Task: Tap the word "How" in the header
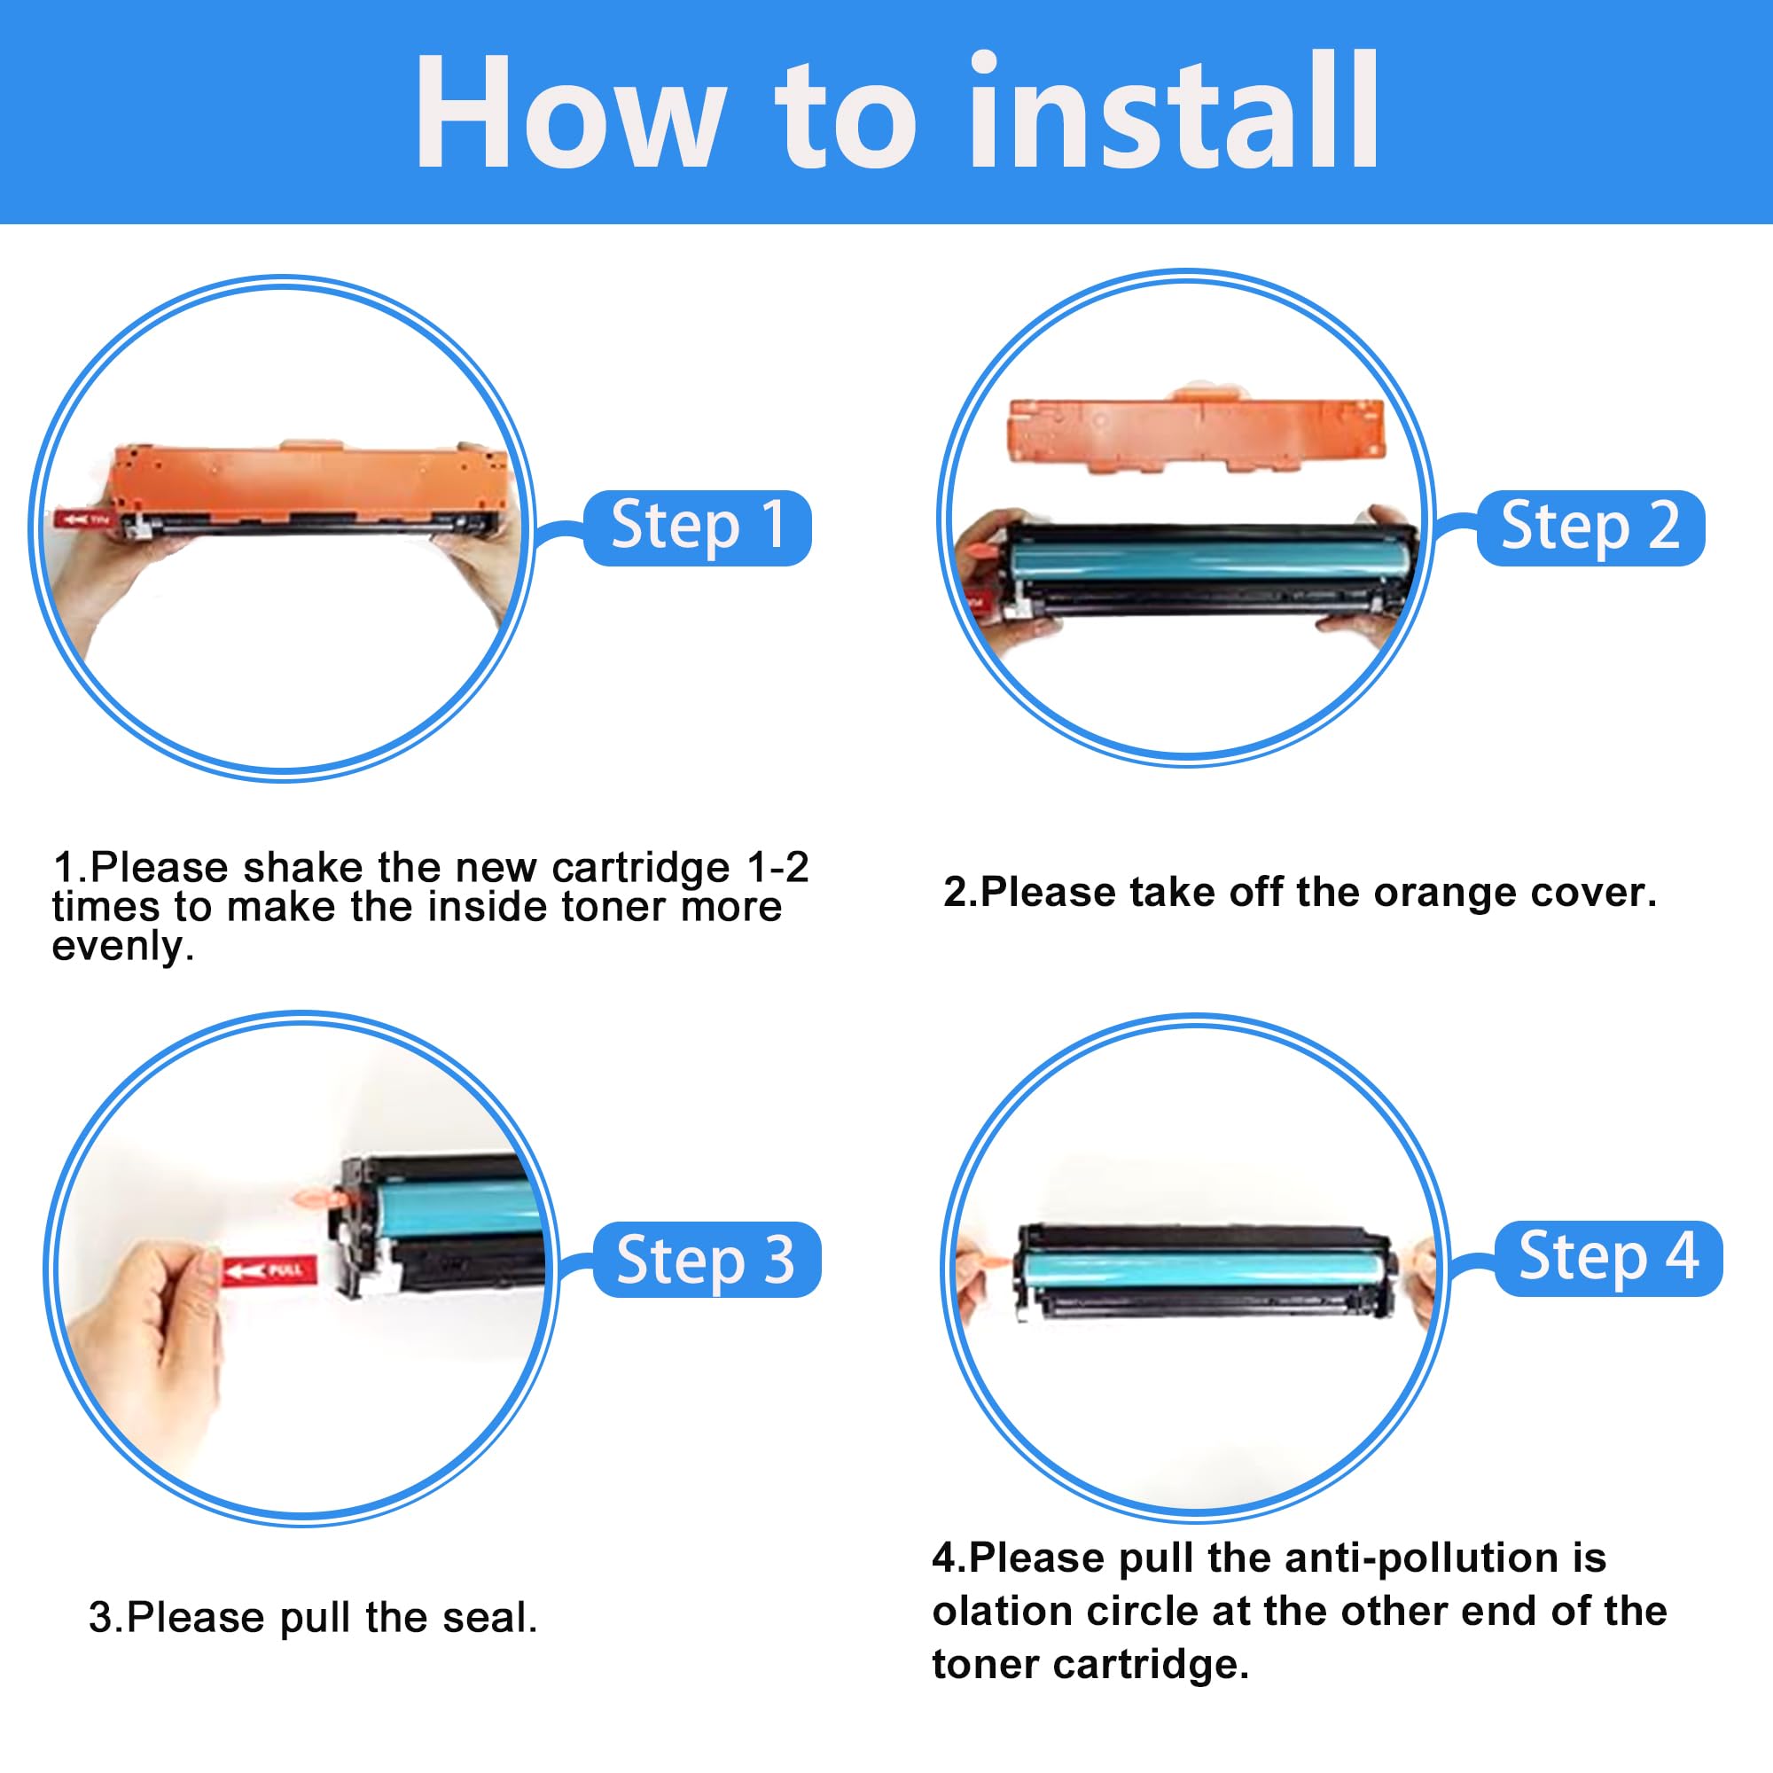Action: [x=567, y=112]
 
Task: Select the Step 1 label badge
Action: [x=698, y=527]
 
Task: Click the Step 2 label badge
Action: [x=1590, y=527]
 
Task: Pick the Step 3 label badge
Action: [x=707, y=1259]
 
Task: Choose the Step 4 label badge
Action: [x=1609, y=1258]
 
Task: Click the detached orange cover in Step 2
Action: [x=1196, y=432]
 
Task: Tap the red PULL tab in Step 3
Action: [x=269, y=1271]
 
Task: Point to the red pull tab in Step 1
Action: [x=85, y=519]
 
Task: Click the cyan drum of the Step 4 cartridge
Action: [x=1202, y=1269]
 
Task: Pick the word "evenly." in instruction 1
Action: [x=123, y=946]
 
